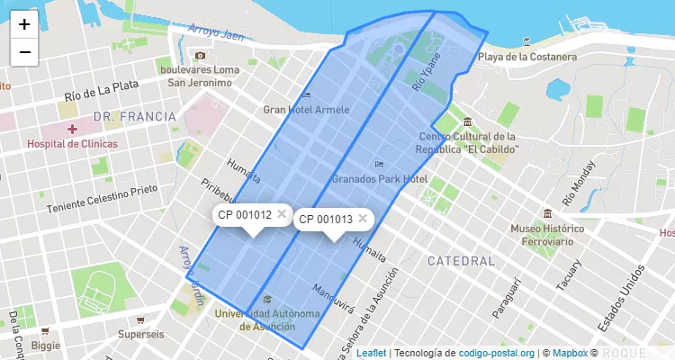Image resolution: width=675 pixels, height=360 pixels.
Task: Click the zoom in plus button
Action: (24, 24)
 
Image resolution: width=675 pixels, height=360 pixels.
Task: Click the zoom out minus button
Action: (24, 52)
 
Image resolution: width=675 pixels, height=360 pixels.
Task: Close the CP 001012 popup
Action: (282, 214)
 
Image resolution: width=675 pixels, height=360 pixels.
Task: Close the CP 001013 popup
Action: (363, 218)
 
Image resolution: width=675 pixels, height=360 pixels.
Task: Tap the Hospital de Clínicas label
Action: (72, 144)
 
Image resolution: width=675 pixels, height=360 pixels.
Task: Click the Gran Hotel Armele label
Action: (306, 109)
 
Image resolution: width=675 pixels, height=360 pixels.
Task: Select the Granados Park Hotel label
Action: (379, 179)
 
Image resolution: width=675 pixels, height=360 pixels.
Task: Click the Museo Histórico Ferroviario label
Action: (548, 234)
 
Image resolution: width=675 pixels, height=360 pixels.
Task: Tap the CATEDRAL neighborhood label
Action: (461, 261)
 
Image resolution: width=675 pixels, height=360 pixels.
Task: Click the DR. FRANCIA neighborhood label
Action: (134, 116)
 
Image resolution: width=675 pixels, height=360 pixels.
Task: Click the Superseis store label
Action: (142, 334)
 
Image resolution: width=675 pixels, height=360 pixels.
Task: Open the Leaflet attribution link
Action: (371, 353)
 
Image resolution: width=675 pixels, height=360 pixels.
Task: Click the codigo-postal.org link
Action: (497, 353)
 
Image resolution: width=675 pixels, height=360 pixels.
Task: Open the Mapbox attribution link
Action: (570, 353)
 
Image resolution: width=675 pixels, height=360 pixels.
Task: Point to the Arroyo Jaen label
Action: (217, 31)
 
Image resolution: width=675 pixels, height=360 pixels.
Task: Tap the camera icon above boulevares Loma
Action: (200, 55)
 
